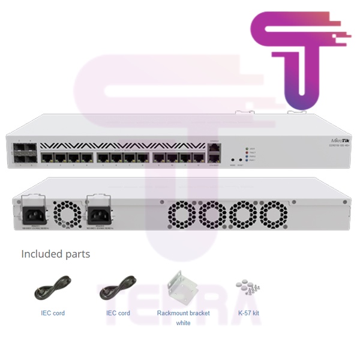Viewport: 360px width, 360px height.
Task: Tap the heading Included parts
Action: coord(56,254)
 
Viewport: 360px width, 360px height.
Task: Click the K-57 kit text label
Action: coord(248,313)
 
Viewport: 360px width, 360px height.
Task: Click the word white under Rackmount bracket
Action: coord(183,323)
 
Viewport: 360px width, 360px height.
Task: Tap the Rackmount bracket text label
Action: coord(183,313)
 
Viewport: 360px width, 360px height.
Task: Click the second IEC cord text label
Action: coord(118,313)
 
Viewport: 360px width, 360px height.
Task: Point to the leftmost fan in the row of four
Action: coord(179,213)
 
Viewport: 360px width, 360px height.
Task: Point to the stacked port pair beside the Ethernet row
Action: coord(213,152)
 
